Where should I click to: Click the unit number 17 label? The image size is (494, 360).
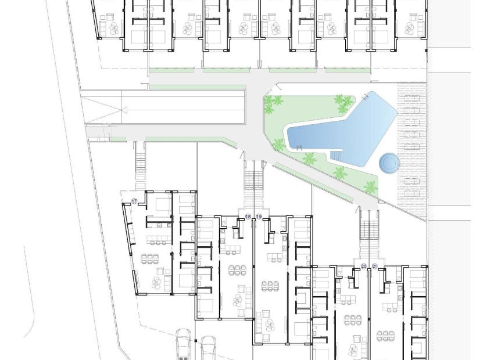tap(134, 201)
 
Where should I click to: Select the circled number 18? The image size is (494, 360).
tap(248, 217)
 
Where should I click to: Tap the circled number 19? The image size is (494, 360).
tap(259, 217)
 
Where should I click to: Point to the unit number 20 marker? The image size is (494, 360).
tap(364, 266)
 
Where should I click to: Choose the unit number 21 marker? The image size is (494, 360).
tap(375, 266)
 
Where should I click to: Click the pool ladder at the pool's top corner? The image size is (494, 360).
tap(366, 95)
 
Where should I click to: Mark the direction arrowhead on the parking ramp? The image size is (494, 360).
tap(123, 110)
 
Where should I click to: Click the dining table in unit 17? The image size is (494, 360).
tap(152, 257)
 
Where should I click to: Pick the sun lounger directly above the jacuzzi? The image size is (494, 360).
tap(411, 139)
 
